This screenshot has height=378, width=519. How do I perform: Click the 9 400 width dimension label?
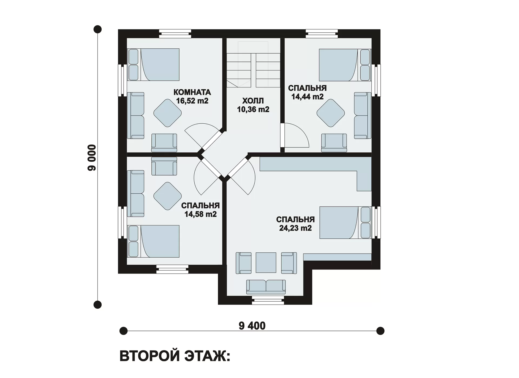point(252,326)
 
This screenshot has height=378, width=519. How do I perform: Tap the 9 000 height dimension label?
point(92,158)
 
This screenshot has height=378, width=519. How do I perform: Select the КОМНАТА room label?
point(192,92)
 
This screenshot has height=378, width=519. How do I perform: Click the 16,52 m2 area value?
point(192,101)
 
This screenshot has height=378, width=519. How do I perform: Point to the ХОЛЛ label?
point(253,101)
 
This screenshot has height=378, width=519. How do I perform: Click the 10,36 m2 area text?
point(253,109)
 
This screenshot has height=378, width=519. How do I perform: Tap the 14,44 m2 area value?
point(307,97)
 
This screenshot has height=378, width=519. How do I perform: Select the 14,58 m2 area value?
point(201,214)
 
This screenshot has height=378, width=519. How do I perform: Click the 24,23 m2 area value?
point(295,228)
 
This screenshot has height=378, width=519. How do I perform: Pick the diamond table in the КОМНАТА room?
point(168,113)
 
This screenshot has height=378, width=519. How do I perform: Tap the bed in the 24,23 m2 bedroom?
point(345,223)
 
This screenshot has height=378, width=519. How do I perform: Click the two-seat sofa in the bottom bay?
point(266,287)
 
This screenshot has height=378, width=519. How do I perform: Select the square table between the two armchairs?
point(266,263)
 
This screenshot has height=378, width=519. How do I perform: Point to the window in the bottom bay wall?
point(268,300)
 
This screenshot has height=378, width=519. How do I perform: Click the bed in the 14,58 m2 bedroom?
point(153,241)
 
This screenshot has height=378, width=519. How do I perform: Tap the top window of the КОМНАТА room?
point(175,34)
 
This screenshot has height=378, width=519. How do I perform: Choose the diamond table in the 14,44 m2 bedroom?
point(331,113)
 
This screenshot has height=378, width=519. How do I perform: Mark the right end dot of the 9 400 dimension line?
point(380,331)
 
